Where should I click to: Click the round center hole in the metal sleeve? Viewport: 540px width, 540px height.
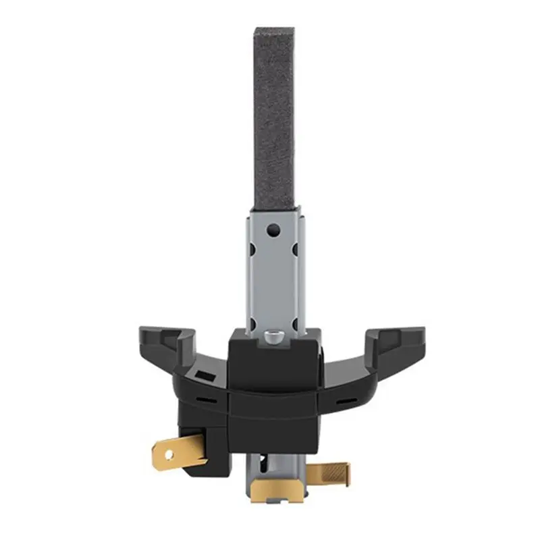[x=273, y=230]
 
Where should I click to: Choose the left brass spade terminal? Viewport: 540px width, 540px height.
[x=179, y=448]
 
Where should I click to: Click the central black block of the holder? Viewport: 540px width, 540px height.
[x=273, y=398]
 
